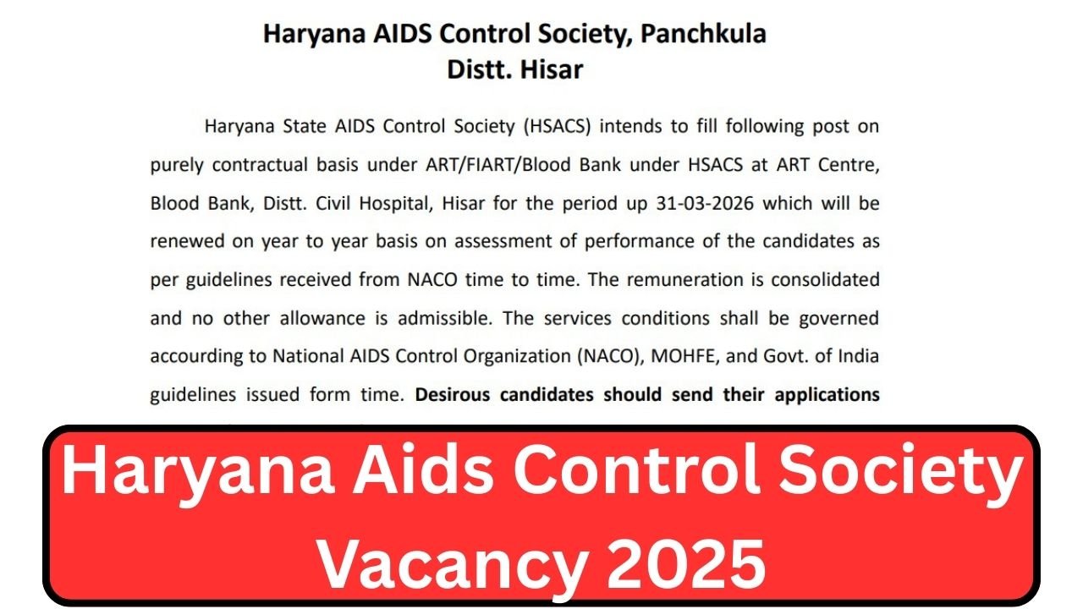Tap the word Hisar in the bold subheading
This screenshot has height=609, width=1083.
[x=550, y=69]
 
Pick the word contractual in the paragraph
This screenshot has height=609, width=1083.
[x=261, y=165]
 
